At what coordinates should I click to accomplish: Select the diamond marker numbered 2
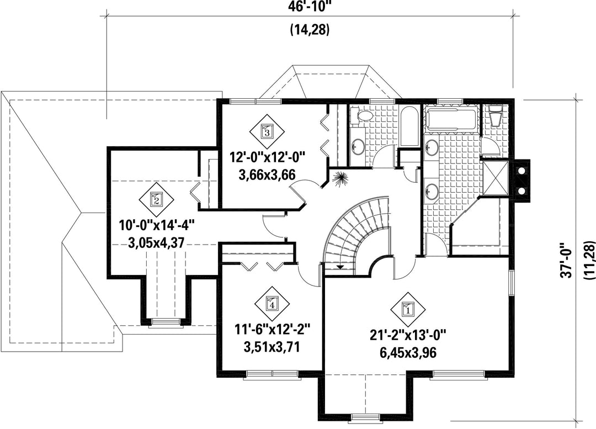click(156, 198)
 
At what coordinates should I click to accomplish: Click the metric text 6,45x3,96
click(408, 353)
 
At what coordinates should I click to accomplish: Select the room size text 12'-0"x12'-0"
click(268, 157)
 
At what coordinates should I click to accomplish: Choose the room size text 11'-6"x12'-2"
click(272, 329)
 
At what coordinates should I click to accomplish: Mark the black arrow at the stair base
click(340, 267)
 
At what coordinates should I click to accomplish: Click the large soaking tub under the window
click(451, 119)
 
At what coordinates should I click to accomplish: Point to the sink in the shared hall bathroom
click(357, 145)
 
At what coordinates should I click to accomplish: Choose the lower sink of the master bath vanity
click(432, 190)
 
